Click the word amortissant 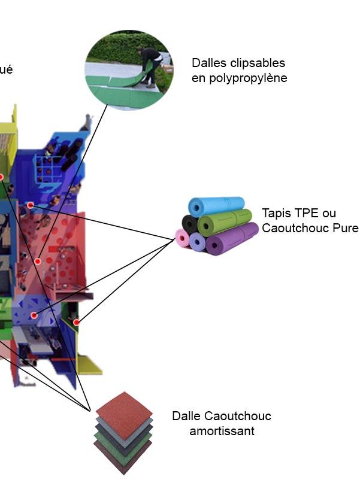click(x=222, y=431)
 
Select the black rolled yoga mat click(x=190, y=224)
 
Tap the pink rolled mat click(x=182, y=239)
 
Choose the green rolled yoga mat click(x=224, y=222)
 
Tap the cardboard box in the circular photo click(x=168, y=68)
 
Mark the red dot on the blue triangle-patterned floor click(x=34, y=315)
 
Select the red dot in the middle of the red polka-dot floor click(x=38, y=261)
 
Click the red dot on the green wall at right click(x=76, y=323)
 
